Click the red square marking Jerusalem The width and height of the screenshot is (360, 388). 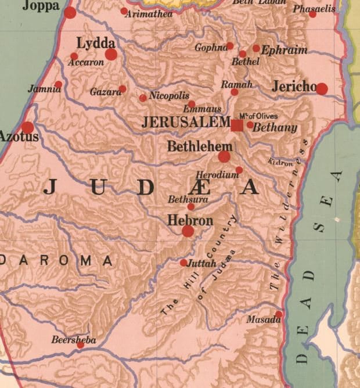click(x=237, y=125)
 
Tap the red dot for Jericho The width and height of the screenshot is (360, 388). click(x=322, y=88)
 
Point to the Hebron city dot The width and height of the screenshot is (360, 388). click(x=188, y=231)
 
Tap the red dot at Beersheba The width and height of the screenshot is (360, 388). click(x=81, y=344)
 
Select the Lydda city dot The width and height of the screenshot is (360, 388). click(x=111, y=55)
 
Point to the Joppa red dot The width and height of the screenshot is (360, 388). click(x=70, y=12)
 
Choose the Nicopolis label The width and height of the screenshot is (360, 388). click(x=169, y=96)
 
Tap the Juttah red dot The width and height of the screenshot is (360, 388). click(x=183, y=263)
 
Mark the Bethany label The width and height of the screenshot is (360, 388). click(x=275, y=128)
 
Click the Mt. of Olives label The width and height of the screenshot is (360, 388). click(x=258, y=116)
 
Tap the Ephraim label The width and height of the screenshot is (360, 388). click(x=284, y=51)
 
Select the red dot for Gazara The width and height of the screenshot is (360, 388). click(x=123, y=89)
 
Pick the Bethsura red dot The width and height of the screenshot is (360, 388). click(x=191, y=206)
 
